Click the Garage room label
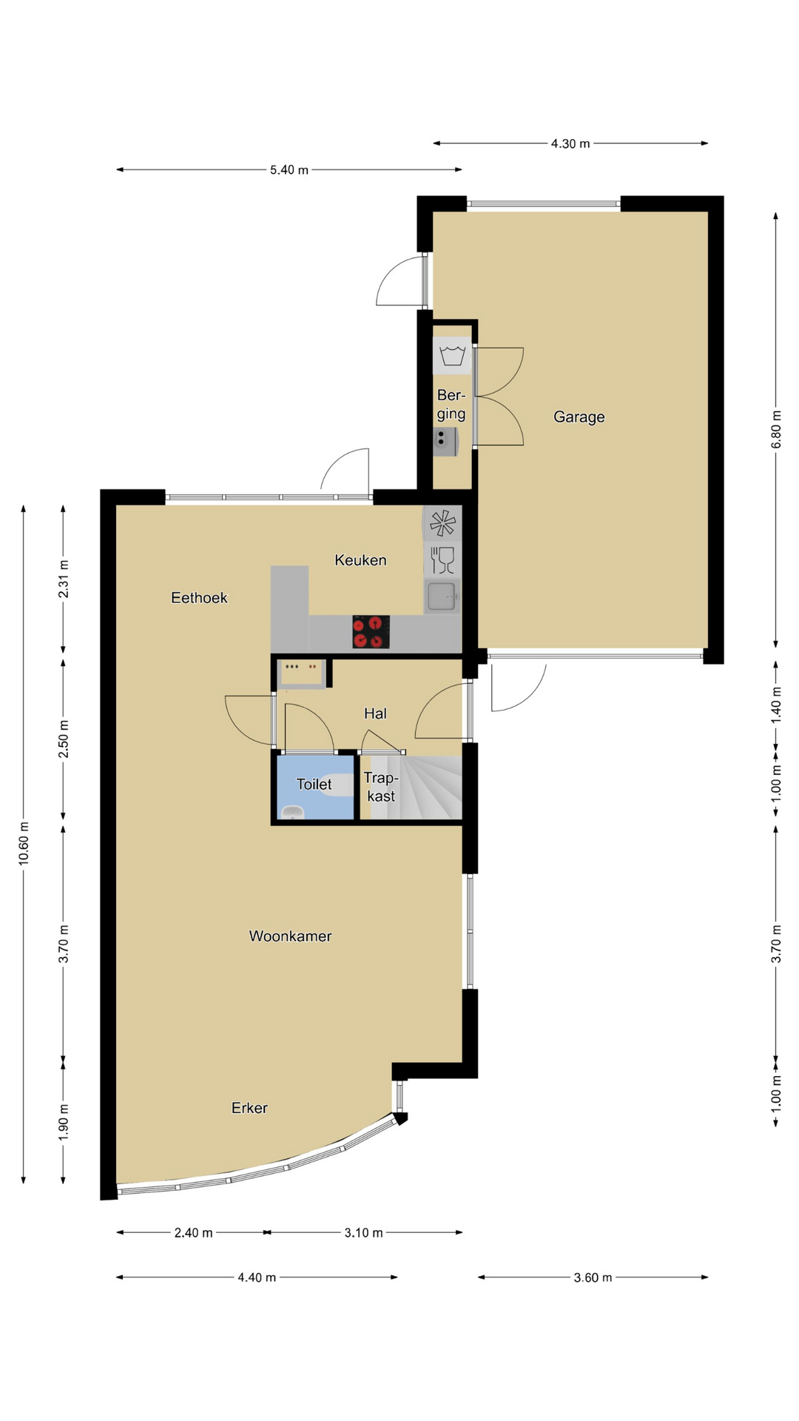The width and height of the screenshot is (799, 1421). pyautogui.click(x=579, y=417)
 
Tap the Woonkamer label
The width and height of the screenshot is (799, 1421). pyautogui.click(x=290, y=936)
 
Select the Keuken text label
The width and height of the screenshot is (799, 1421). pyautogui.click(x=360, y=560)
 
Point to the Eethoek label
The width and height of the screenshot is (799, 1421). pyautogui.click(x=199, y=598)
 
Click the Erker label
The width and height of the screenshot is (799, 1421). pyautogui.click(x=249, y=1108)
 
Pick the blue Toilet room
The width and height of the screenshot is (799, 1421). pyautogui.click(x=315, y=787)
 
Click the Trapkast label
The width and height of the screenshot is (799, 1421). pyautogui.click(x=381, y=787)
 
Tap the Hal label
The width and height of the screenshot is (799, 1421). pyautogui.click(x=375, y=713)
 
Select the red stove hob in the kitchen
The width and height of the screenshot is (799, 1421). pyautogui.click(x=371, y=631)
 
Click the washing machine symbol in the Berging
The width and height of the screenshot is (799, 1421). pyautogui.click(x=452, y=355)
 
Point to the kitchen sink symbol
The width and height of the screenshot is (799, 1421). pyautogui.click(x=442, y=597)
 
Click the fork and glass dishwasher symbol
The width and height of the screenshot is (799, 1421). pyautogui.click(x=442, y=560)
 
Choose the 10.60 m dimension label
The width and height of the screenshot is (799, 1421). pyautogui.click(x=24, y=843)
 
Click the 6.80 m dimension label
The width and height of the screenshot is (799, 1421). pyautogui.click(x=776, y=429)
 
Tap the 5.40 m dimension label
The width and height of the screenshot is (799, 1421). pyautogui.click(x=289, y=169)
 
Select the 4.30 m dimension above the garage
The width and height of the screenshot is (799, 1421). pyautogui.click(x=570, y=144)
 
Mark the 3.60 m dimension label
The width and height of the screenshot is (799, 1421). pyautogui.click(x=593, y=1277)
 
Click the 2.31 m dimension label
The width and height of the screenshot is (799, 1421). pyautogui.click(x=64, y=579)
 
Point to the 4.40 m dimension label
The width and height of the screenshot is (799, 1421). pyautogui.click(x=257, y=1277)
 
